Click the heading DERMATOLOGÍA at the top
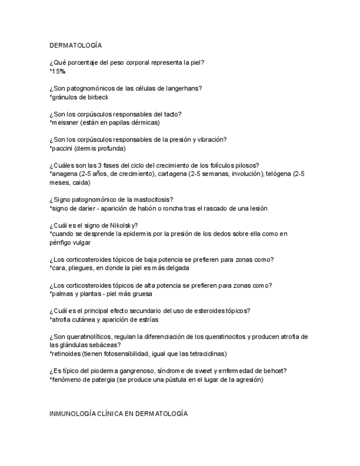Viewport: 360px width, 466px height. tap(75, 45)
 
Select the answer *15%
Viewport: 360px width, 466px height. tap(58, 71)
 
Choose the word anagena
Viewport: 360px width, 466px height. tap(64, 174)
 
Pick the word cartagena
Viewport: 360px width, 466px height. tap(172, 174)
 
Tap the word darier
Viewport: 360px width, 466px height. tap(78, 208)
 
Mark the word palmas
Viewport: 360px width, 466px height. tap(62, 294)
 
